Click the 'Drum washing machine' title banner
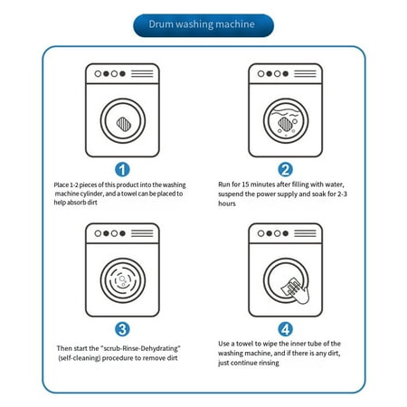203,25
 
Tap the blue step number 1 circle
122,170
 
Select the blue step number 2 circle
285,169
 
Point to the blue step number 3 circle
122,329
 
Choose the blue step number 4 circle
285,329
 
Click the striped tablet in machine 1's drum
124,124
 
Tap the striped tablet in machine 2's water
285,124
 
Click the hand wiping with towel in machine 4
296,290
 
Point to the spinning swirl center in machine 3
122,280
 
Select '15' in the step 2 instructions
245,185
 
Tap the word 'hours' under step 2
227,203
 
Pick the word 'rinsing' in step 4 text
269,363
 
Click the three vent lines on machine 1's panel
142,73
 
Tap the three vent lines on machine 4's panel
305,233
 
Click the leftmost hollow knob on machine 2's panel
261,73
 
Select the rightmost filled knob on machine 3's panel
122,233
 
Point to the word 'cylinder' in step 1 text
91,194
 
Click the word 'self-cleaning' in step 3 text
80,358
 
